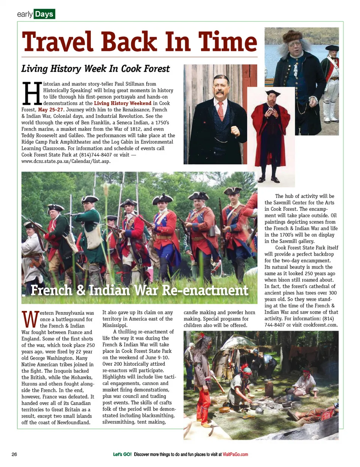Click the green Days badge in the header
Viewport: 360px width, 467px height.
[x=44, y=14]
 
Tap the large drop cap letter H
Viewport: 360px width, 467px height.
[x=31, y=93]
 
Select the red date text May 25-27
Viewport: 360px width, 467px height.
[x=51, y=110]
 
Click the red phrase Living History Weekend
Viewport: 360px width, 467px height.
[x=123, y=103]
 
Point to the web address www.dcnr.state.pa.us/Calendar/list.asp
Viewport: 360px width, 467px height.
[x=66, y=161]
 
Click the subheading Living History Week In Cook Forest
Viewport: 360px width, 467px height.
[x=95, y=69]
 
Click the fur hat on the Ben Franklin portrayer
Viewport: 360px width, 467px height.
[x=292, y=36]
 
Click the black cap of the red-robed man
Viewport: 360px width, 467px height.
[x=273, y=93]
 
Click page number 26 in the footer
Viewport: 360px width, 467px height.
[x=14, y=454]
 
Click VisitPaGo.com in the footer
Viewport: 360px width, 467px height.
[x=235, y=454]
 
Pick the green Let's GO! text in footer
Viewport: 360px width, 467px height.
[x=122, y=454]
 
